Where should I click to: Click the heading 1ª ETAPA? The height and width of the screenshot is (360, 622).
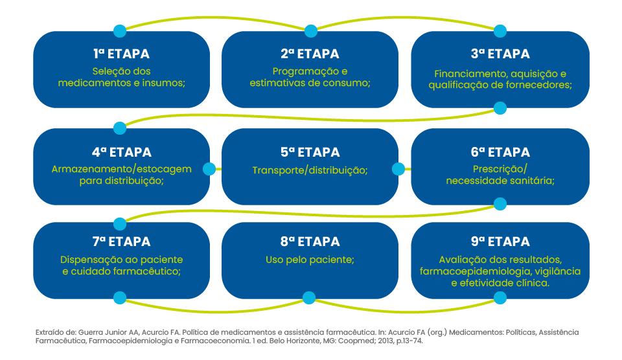coord(121,54)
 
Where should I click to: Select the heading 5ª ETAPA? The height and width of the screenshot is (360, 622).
coord(310,153)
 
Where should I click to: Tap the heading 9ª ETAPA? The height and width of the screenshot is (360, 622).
coord(500,242)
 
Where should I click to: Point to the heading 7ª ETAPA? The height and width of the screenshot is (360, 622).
coord(121,242)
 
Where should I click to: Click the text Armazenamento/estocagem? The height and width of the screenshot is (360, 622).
coord(121,170)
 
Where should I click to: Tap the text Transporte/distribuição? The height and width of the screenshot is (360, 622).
coord(310,170)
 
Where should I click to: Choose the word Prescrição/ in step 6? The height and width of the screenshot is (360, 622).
coord(500,170)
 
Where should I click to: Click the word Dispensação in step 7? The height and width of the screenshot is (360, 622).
coord(89,260)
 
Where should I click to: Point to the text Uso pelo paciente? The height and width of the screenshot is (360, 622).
coord(310,260)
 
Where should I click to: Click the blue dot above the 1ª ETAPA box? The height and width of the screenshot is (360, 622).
coord(120,30)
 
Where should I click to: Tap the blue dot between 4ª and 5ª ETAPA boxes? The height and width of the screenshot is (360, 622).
coord(209,170)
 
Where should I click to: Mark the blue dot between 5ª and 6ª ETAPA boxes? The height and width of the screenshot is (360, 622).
coord(398,170)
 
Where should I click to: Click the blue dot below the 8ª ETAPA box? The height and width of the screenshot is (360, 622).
coord(310,298)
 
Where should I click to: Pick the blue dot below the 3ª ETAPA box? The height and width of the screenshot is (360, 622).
coord(500,107)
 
